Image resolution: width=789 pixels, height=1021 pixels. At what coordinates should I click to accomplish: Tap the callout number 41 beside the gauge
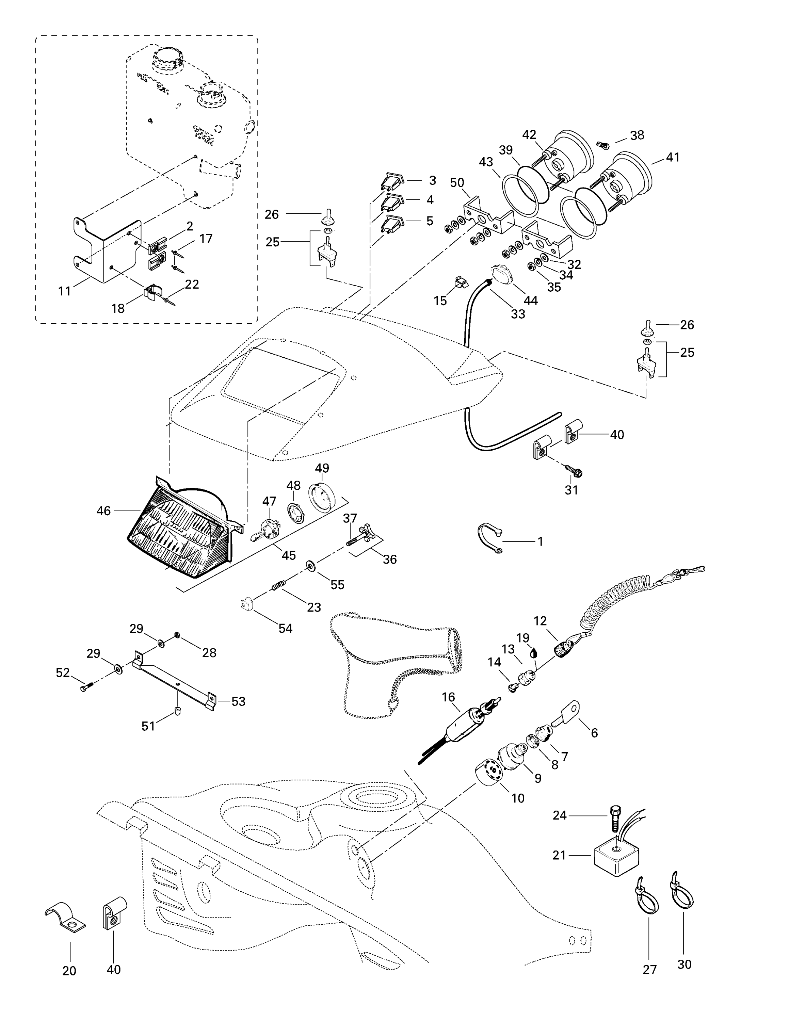(672, 158)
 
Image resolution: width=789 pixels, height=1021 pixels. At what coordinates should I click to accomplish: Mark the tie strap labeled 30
(682, 893)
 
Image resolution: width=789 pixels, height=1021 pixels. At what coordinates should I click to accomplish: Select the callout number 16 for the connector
(448, 697)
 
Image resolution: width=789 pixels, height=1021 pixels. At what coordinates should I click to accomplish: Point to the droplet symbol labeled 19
(534, 653)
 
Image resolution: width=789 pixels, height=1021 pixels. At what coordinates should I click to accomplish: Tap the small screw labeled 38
(603, 145)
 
